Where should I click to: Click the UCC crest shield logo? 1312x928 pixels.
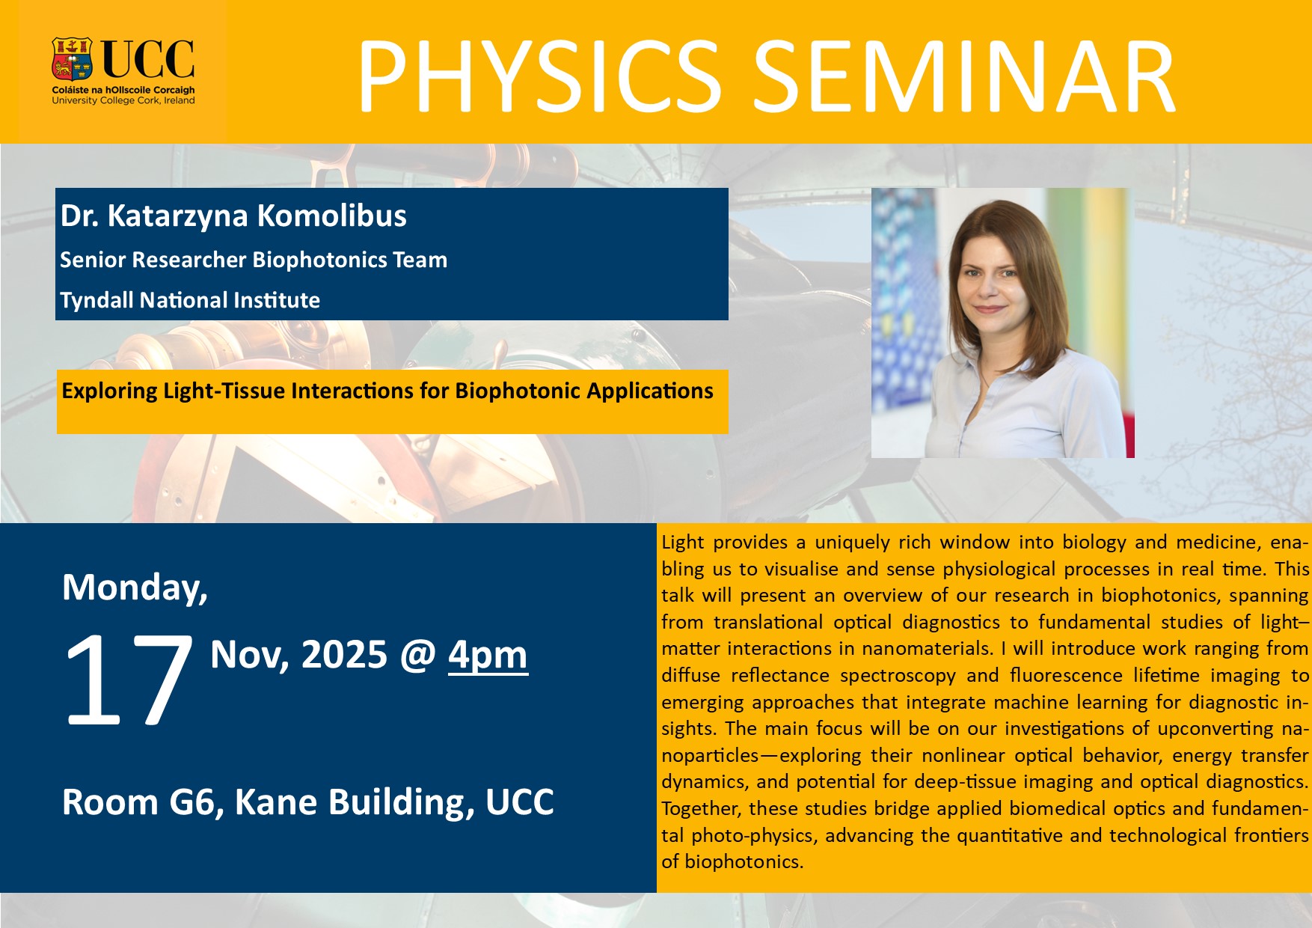(72, 59)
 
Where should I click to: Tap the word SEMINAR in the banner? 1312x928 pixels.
(964, 77)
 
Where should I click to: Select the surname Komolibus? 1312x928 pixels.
(332, 216)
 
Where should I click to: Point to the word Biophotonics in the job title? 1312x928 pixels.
(314, 260)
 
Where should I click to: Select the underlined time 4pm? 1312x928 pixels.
(488, 655)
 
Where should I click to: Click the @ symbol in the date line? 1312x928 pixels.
(417, 656)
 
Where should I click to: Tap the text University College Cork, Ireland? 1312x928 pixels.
(123, 100)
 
